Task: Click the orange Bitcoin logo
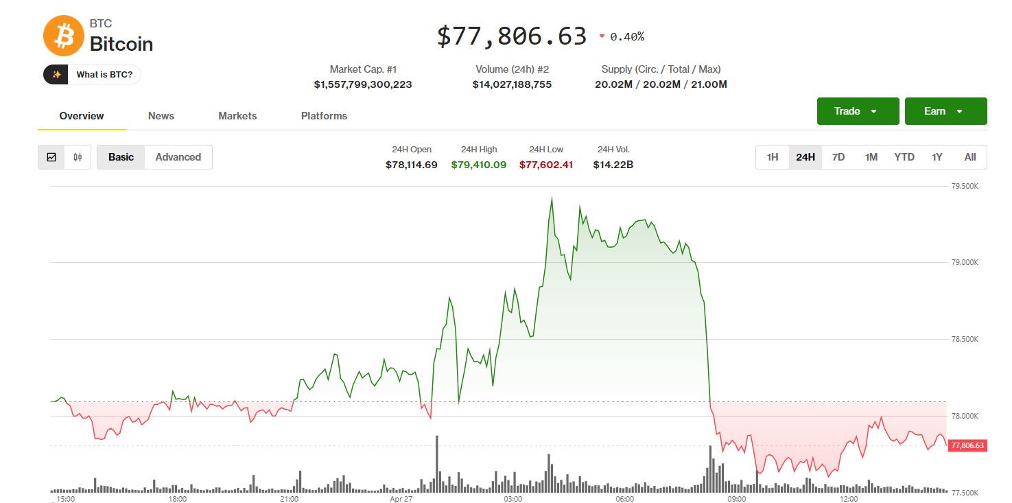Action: (63, 36)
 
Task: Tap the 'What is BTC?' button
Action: (92, 74)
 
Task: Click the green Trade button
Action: (858, 111)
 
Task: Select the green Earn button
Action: (945, 111)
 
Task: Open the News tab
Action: (161, 116)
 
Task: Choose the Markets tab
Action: (237, 116)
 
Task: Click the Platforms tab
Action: (324, 116)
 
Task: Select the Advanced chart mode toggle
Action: (178, 157)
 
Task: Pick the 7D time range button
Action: (838, 157)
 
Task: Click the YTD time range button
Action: (904, 157)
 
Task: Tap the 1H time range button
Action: (773, 157)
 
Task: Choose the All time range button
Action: (970, 157)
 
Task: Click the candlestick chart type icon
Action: (78, 157)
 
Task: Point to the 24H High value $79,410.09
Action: (479, 165)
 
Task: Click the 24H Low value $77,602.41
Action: (546, 165)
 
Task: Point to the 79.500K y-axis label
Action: (964, 186)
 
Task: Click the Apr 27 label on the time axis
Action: (401, 499)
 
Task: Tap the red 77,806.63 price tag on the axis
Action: (967, 445)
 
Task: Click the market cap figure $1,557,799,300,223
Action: (363, 84)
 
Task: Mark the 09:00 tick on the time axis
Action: (737, 499)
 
